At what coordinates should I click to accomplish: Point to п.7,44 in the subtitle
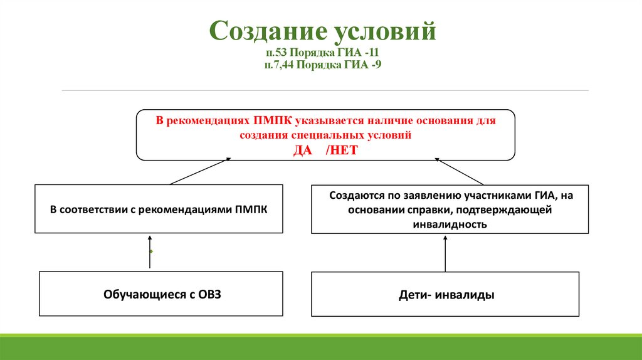tap(278, 63)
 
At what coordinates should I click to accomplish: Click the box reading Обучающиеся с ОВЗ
tap(161, 294)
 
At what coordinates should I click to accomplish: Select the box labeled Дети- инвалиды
tap(445, 294)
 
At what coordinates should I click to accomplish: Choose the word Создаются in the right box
tap(353, 195)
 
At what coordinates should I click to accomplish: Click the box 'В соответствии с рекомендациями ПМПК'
tap(159, 209)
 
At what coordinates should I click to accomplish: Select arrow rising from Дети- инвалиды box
tap(445, 253)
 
